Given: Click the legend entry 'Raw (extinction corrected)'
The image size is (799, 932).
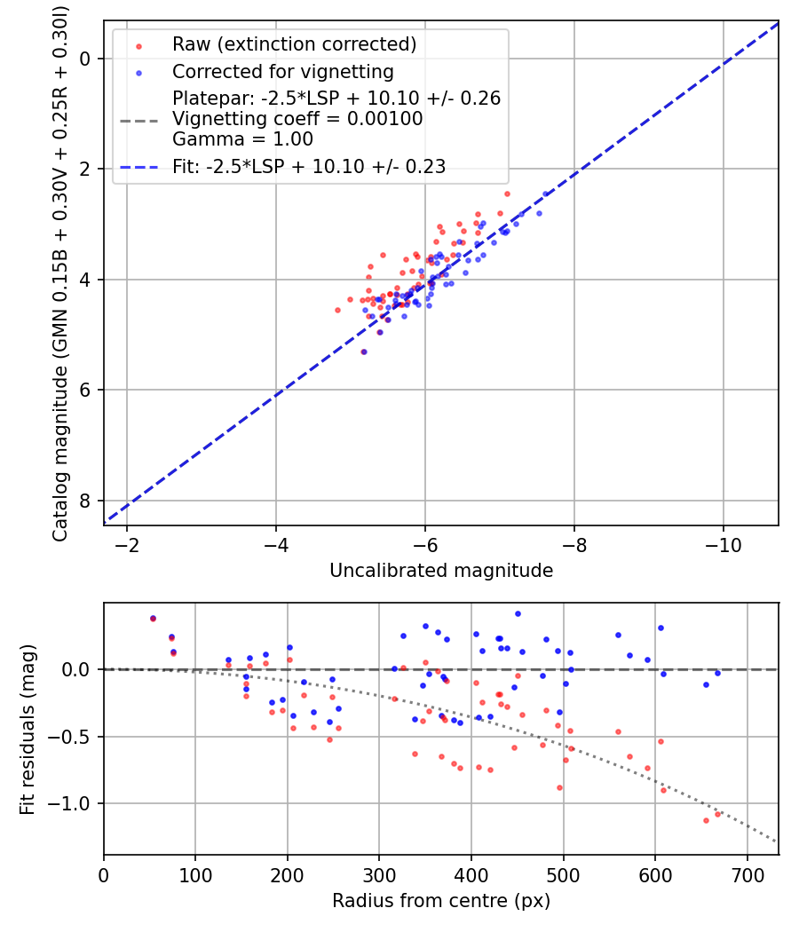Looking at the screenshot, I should pyautogui.click(x=294, y=44).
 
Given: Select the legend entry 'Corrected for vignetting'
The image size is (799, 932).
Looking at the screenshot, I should pyautogui.click(x=282, y=71).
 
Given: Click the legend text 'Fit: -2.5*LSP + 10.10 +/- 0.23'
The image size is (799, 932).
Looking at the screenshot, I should pyautogui.click(x=309, y=166).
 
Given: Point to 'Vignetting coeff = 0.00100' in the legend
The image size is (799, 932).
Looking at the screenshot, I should pyautogui.click(x=297, y=119).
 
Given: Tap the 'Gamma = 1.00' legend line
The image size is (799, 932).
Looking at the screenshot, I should pyautogui.click(x=242, y=139).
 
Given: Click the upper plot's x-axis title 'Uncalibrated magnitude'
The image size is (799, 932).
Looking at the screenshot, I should pyautogui.click(x=441, y=571).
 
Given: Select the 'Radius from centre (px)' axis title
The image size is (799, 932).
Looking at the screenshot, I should pyautogui.click(x=441, y=901).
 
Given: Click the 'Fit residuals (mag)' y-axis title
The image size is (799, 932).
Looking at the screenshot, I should pyautogui.click(x=27, y=730).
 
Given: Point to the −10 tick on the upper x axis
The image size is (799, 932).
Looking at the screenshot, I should pyautogui.click(x=723, y=541).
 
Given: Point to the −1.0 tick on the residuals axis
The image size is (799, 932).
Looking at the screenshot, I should pyautogui.click(x=75, y=803).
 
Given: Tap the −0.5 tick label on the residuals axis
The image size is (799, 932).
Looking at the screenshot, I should pyautogui.click(x=75, y=737).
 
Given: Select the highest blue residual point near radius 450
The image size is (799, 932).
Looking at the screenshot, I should pyautogui.click(x=518, y=613).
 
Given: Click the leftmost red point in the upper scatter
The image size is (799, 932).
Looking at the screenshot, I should pyautogui.click(x=337, y=310).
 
